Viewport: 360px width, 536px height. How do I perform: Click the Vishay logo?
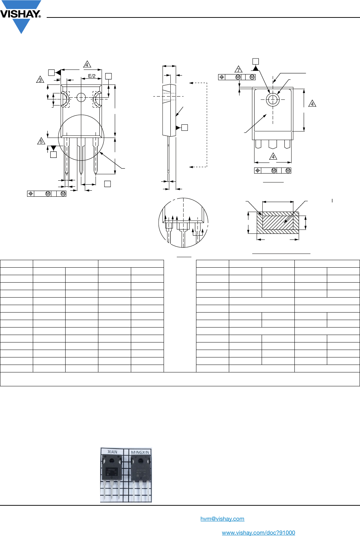click(21, 16)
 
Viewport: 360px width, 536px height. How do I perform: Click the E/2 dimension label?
click(92, 76)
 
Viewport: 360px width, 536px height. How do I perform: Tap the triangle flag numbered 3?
click(40, 80)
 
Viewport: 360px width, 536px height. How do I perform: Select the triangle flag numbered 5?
click(41, 141)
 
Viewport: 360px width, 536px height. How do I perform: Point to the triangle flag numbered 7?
click(238, 69)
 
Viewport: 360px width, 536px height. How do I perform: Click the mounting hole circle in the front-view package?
click(81, 97)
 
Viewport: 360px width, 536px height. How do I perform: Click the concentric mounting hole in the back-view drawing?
click(273, 100)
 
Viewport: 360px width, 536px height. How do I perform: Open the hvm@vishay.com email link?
click(222, 519)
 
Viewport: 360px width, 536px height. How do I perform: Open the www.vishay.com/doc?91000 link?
click(258, 533)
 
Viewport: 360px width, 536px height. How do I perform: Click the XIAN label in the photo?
click(112, 452)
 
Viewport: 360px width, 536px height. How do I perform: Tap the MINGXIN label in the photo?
click(140, 453)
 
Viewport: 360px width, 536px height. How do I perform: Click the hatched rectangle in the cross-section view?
click(278, 223)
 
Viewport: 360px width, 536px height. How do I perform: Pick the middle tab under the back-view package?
click(273, 144)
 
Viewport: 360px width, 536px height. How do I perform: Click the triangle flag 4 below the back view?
click(273, 157)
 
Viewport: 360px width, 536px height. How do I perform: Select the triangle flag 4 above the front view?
click(87, 65)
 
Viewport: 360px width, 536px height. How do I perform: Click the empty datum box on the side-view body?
click(185, 128)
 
